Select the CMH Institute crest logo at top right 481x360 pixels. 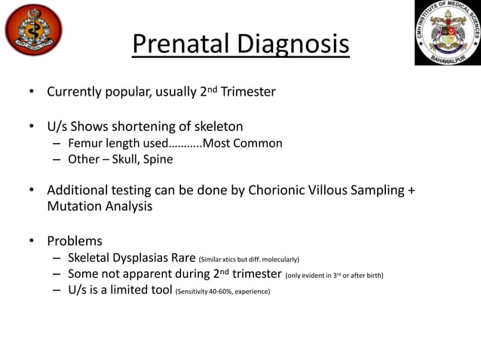pyautogui.click(x=448, y=32)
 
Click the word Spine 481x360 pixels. pyautogui.click(x=161, y=159)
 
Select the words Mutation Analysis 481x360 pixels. pyautogui.click(x=100, y=206)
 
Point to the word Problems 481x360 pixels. pyautogui.click(x=75, y=241)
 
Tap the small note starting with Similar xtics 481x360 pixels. pyautogui.click(x=249, y=260)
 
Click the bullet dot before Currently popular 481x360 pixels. pyautogui.click(x=31, y=93)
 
